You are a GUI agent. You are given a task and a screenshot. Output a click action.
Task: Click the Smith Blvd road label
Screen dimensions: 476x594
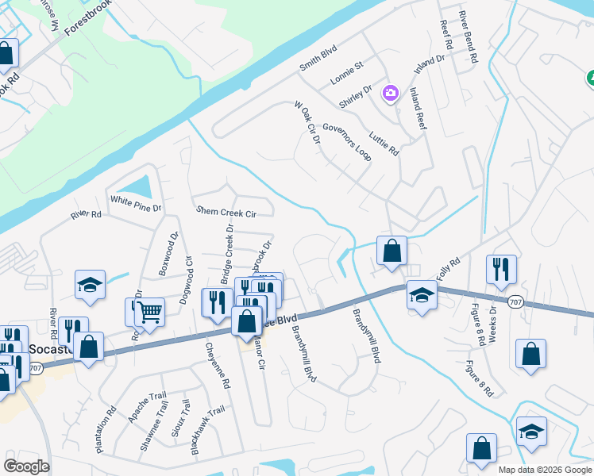(318, 58)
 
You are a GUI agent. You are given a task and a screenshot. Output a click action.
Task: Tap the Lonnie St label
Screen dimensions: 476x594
(347, 74)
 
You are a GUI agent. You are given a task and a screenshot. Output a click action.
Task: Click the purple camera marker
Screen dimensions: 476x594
(390, 94)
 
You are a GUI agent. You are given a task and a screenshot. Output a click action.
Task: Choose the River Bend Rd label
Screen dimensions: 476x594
(469, 37)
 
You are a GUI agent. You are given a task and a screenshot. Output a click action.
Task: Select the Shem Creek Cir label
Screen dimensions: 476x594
(226, 213)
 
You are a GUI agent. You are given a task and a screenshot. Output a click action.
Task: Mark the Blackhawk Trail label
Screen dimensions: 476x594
(207, 431)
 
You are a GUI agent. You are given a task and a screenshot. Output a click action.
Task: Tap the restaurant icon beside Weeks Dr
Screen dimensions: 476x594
(501, 268)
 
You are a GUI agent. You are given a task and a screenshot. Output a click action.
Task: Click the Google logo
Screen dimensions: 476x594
(26, 466)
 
